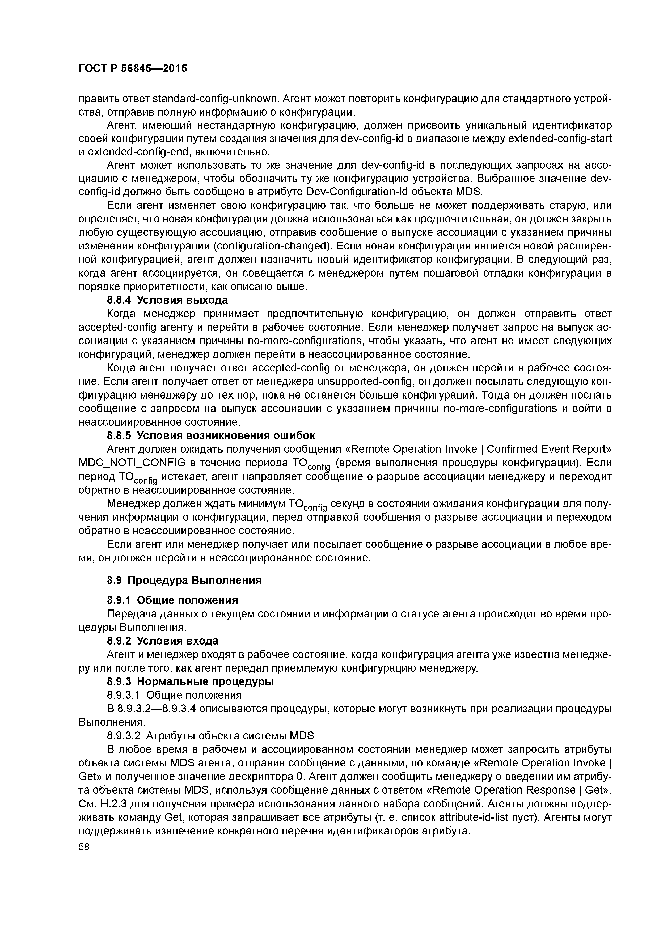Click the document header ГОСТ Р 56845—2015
(132, 68)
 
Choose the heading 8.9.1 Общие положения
(172, 600)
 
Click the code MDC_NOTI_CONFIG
(132, 463)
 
